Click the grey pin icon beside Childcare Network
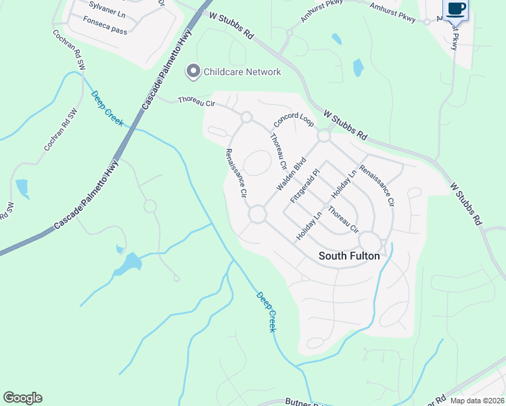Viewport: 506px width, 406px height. (x=193, y=71)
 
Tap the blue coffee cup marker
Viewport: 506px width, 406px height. (x=455, y=9)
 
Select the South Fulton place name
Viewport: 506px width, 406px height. (x=349, y=256)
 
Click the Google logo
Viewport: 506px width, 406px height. (x=22, y=398)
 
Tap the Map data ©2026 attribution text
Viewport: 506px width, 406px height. (x=478, y=401)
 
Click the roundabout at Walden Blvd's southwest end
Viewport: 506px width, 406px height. (x=257, y=215)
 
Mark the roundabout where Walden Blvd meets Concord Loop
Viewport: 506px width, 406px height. (x=323, y=136)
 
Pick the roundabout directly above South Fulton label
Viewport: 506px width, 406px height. (x=369, y=240)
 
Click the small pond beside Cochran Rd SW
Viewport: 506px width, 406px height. (x=22, y=187)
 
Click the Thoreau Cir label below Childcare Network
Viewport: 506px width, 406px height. (x=195, y=101)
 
